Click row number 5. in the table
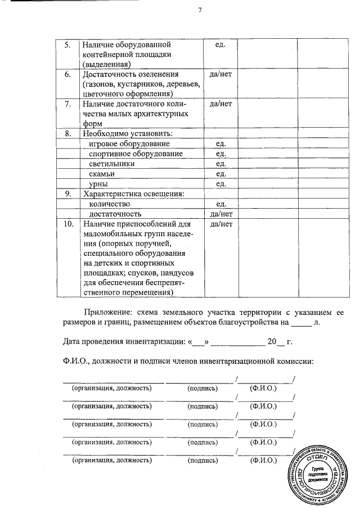[x=67, y=44]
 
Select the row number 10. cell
[x=68, y=224]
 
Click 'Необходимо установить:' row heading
[x=128, y=134]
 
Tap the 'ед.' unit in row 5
[x=220, y=44]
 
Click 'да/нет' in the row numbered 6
[x=220, y=74]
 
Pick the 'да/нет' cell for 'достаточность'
[x=220, y=214]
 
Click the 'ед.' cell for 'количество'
[x=220, y=204]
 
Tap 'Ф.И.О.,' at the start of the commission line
[x=74, y=361]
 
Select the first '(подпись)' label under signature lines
[x=202, y=388]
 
